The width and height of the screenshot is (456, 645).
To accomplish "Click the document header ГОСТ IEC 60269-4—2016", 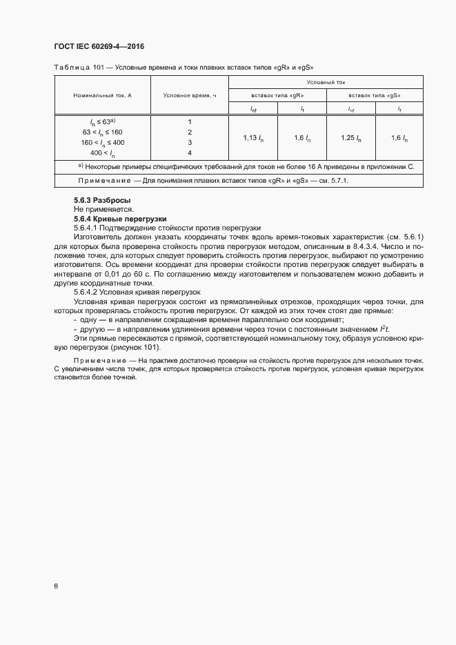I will (x=98, y=46).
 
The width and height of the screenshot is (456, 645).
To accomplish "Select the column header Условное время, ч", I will (x=190, y=95).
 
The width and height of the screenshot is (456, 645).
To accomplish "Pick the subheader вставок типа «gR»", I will (x=277, y=95).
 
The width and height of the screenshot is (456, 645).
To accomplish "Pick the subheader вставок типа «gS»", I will (x=375, y=95).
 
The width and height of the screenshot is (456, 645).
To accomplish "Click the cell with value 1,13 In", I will (x=253, y=138).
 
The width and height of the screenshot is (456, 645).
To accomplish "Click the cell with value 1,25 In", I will (x=350, y=138).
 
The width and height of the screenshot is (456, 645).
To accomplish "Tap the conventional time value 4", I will (x=190, y=152).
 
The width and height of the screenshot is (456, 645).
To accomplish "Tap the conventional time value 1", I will (x=190, y=121).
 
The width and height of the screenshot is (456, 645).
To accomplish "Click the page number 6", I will (x=56, y=586).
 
